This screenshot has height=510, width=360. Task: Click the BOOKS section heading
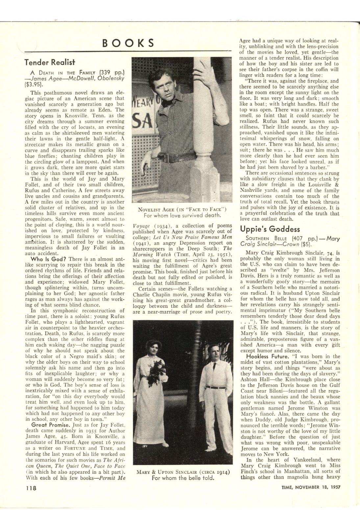128,43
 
